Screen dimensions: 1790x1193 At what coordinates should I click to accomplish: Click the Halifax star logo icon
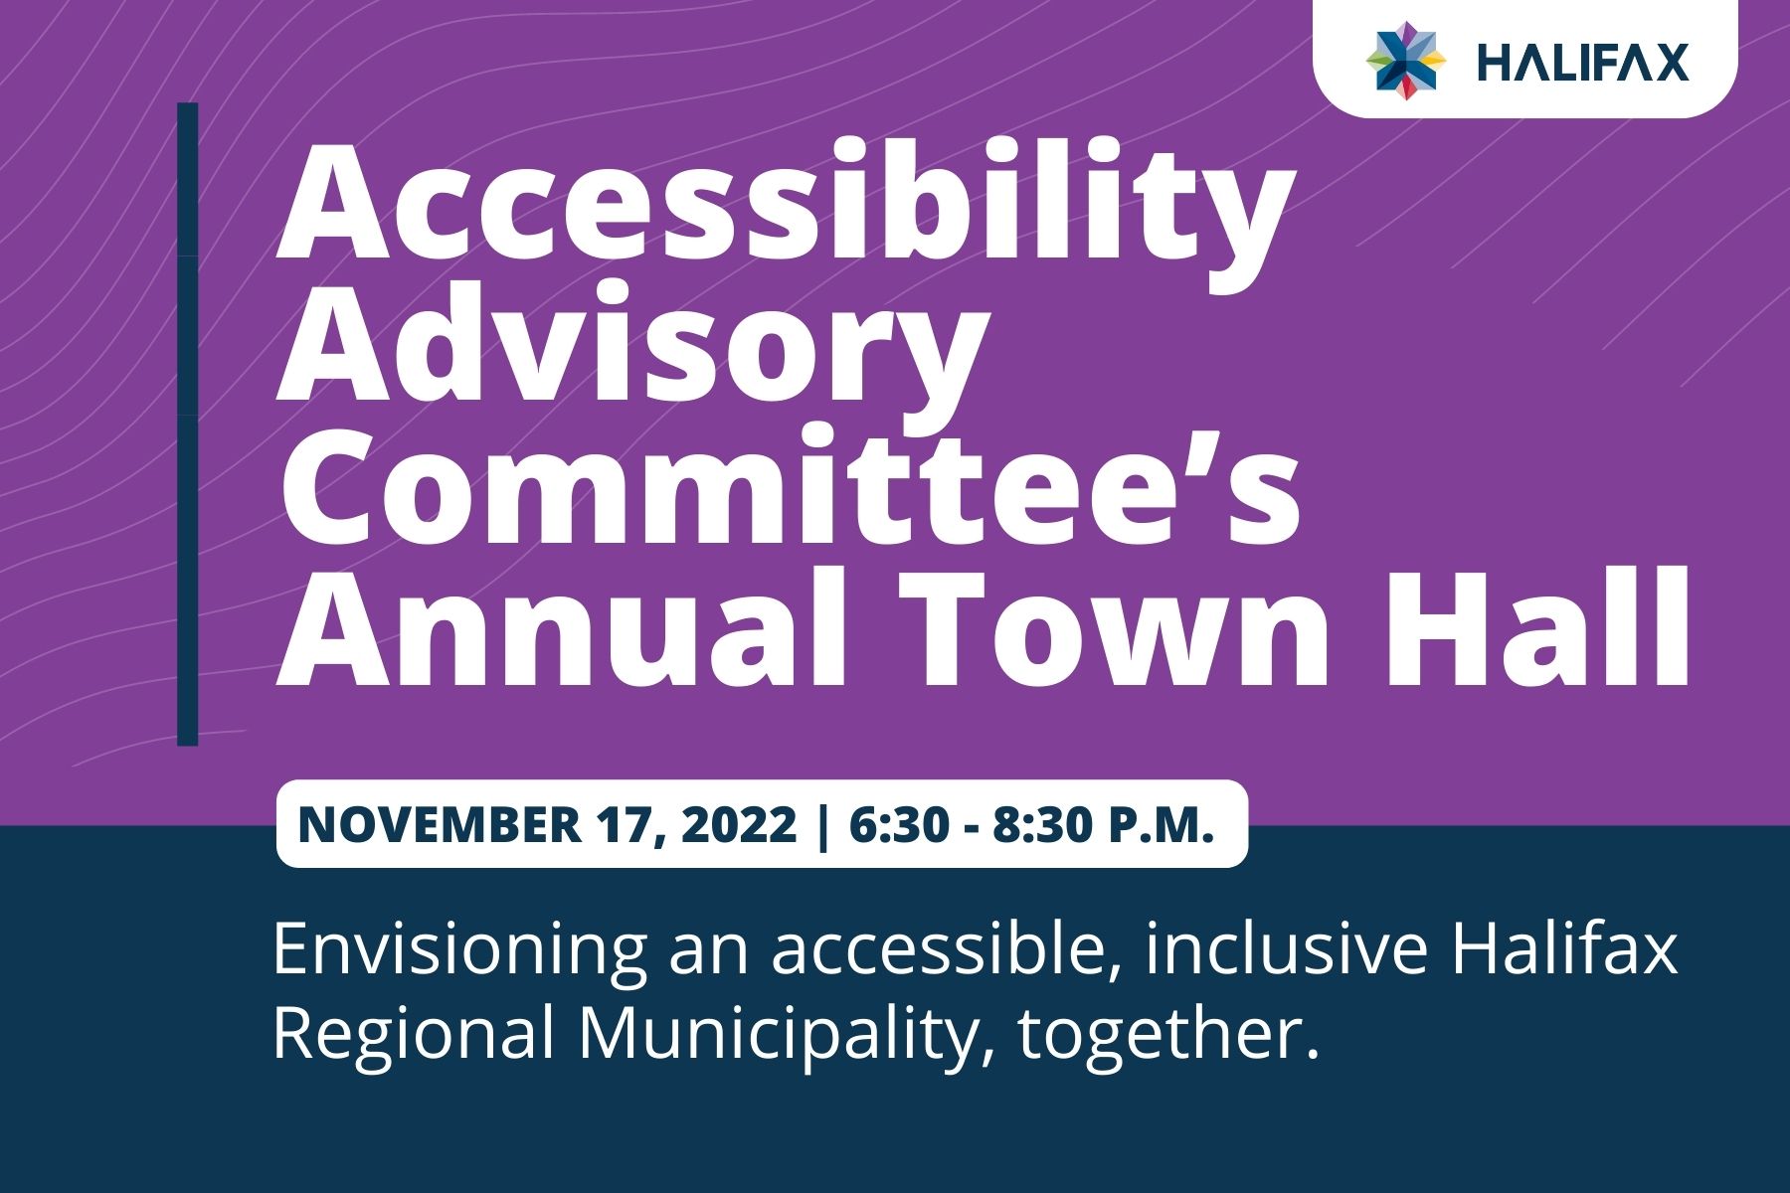point(1405,61)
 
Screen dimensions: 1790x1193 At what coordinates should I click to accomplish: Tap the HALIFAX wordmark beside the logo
point(1583,62)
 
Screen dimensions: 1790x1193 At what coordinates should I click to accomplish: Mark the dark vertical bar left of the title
point(188,425)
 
